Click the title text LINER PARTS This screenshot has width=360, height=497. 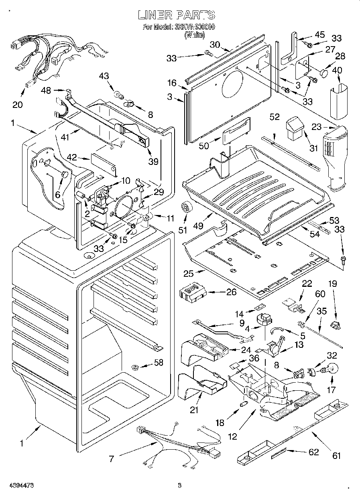pyautogui.click(x=176, y=15)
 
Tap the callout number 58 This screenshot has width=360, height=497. pyautogui.click(x=159, y=363)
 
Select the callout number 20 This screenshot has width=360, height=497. pyautogui.click(x=18, y=105)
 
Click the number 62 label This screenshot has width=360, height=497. pyautogui.click(x=313, y=452)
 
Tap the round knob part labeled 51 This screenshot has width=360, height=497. pyautogui.click(x=186, y=207)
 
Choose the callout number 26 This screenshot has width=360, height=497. pyautogui.click(x=231, y=292)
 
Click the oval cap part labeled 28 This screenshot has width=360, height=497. pyautogui.click(x=324, y=73)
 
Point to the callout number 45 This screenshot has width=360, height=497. pyautogui.click(x=320, y=35)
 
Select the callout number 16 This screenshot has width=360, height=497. pyautogui.click(x=172, y=83)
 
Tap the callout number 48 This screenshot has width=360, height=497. pyautogui.click(x=46, y=91)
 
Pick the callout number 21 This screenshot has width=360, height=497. pyautogui.click(x=194, y=410)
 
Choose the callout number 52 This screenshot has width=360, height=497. pyautogui.click(x=275, y=117)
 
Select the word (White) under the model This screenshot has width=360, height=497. pyautogui.click(x=194, y=35)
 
